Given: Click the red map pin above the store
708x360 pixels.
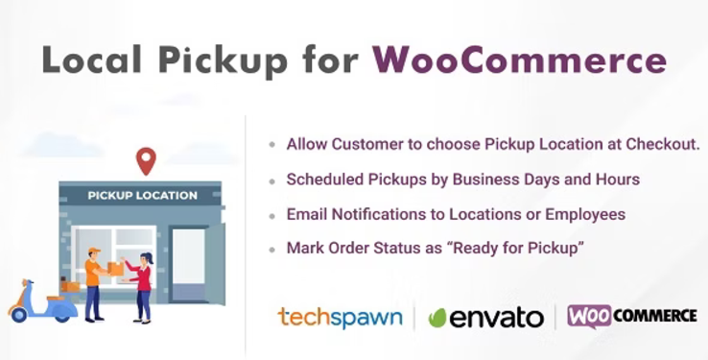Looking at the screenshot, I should [x=146, y=160].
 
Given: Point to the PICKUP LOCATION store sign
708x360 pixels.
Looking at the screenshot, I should [x=142, y=196].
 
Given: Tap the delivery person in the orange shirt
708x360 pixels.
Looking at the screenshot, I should [x=93, y=283].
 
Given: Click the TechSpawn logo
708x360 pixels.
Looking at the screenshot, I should [x=340, y=317].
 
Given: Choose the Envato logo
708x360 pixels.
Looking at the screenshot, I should [x=487, y=318].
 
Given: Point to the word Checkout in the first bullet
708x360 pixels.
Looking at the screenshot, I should [x=664, y=144].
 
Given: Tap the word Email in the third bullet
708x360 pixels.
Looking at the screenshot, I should [x=306, y=214].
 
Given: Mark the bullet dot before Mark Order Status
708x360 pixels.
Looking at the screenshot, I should [x=271, y=249].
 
